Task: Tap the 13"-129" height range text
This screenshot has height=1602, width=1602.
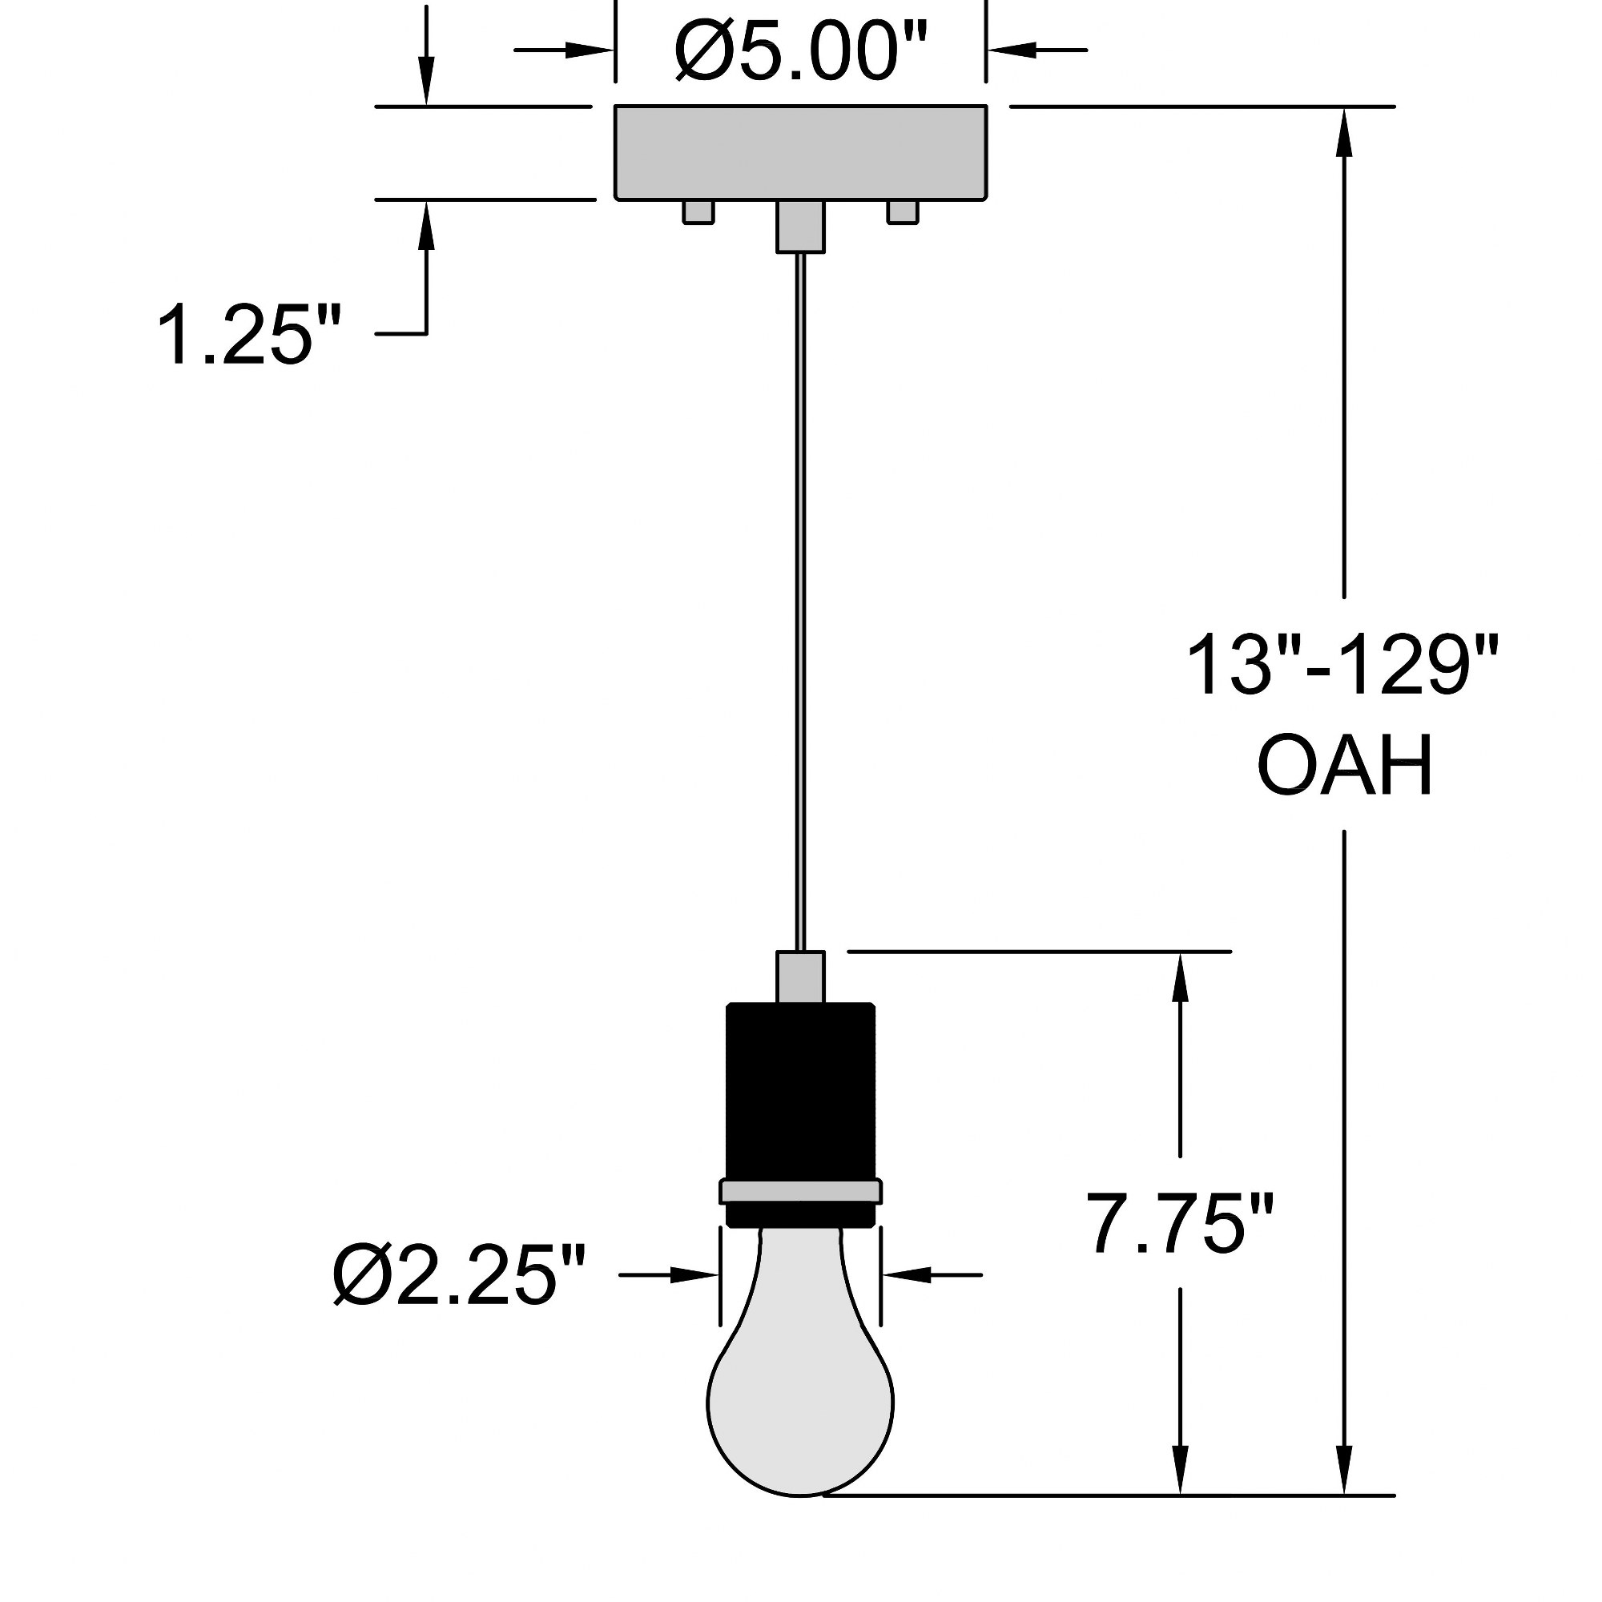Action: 1343,665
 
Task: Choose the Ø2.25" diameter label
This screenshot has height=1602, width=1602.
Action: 458,1275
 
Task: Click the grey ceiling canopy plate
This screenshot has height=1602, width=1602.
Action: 800,152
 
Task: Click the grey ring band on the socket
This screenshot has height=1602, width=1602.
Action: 800,1193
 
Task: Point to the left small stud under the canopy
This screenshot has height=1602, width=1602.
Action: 698,212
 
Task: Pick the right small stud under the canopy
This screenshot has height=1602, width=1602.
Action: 902,212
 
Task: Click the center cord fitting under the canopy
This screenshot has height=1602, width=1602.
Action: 800,227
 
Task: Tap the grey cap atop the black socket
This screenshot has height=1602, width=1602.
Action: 800,976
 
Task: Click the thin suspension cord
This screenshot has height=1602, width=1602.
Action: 800,602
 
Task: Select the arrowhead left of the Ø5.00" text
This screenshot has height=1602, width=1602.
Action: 590,50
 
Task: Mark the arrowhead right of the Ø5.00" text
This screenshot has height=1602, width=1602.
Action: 1012,50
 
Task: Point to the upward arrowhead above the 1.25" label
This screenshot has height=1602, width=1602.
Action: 426,226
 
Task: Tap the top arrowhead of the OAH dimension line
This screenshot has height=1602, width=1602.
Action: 1343,131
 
